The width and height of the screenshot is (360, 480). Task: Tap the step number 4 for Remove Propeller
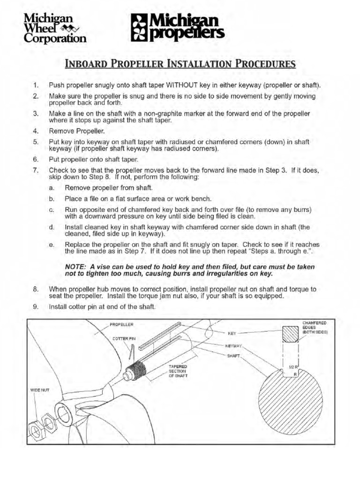[x=36, y=131]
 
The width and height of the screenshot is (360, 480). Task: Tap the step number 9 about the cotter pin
[x=36, y=307]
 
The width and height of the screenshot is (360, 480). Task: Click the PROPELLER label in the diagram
[x=121, y=324]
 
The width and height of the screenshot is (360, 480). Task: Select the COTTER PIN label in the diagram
[x=123, y=338]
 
